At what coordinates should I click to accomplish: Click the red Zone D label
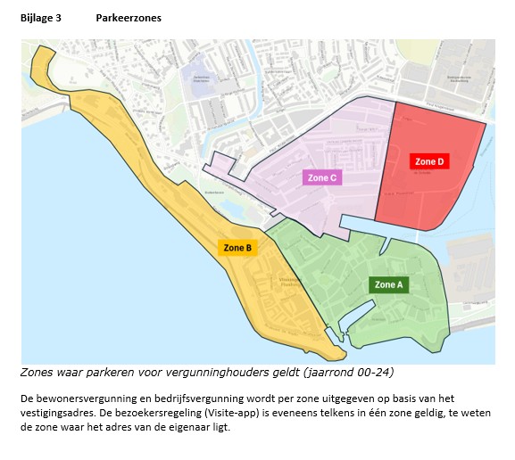click(x=428, y=161)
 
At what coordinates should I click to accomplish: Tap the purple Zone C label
click(x=322, y=177)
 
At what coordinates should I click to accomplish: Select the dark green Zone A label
click(x=388, y=284)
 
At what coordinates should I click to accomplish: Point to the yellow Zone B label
click(x=237, y=247)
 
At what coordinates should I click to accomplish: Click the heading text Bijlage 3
click(x=40, y=17)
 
